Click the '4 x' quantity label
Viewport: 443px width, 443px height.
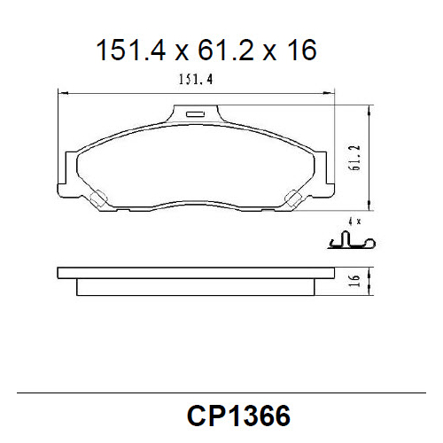click(x=355, y=219)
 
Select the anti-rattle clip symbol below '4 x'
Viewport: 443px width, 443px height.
click(x=352, y=240)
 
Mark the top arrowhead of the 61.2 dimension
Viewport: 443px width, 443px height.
click(x=367, y=109)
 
